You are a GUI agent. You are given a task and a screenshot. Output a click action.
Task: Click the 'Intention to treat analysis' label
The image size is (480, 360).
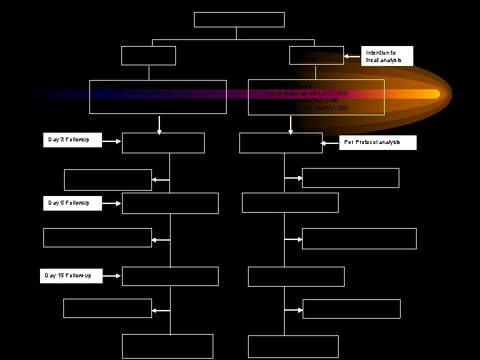click(388, 56)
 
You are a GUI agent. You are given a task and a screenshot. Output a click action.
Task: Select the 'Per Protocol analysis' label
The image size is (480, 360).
click(378, 143)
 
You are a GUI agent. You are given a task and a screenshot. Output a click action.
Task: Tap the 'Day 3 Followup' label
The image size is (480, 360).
click(73, 139)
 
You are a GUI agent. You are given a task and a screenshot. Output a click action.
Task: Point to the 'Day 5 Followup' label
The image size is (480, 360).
click(73, 201)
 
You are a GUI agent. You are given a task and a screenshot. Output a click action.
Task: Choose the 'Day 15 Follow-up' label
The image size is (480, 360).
click(73, 275)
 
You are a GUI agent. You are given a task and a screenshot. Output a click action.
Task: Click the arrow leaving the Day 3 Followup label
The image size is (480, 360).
click(111, 140)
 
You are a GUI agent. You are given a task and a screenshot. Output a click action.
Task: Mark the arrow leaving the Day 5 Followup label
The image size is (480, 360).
click(111, 202)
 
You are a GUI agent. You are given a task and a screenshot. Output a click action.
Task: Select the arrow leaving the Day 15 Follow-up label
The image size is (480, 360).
click(113, 275)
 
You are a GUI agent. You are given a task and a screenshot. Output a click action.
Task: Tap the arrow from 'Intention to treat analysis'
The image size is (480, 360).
click(353, 56)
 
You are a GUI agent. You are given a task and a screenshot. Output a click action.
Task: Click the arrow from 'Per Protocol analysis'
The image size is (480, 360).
click(330, 143)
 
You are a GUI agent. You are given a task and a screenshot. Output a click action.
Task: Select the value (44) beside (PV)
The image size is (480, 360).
click(331, 100)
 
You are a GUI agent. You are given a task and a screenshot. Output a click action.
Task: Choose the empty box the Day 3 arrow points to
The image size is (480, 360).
click(163, 143)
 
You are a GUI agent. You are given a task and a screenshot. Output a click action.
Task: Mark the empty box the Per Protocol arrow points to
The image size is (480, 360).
click(279, 143)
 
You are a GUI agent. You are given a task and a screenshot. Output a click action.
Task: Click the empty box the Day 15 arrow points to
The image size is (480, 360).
click(170, 276)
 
